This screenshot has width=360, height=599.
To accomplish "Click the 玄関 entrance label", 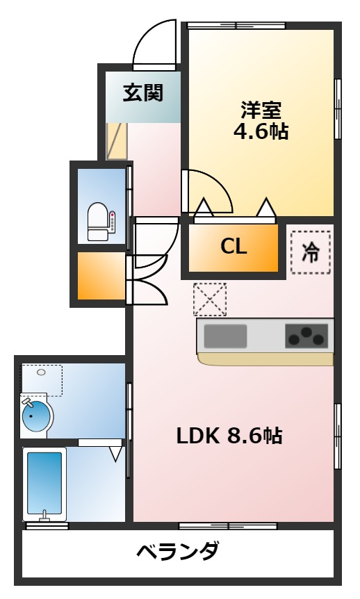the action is (143, 92).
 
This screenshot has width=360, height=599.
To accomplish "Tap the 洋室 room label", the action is (261, 110).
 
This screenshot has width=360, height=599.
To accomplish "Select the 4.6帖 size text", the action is (261, 131).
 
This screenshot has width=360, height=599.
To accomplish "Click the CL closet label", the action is (234, 247).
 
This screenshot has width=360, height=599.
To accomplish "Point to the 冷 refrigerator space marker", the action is (311, 252).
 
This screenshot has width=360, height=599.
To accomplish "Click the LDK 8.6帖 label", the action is (229, 436).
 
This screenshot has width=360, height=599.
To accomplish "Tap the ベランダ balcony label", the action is (178, 551).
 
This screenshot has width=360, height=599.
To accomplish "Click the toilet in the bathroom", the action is (98, 222).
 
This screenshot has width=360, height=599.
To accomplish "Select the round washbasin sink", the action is (37, 416).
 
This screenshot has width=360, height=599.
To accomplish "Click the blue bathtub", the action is (44, 483).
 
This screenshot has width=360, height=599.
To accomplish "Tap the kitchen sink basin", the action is (225, 336).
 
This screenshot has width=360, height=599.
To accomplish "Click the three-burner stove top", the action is (307, 336).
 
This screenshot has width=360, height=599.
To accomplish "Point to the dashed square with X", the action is (210, 299).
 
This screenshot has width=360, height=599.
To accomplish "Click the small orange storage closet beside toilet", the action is (101, 275).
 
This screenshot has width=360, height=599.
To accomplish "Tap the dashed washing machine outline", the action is (42, 381).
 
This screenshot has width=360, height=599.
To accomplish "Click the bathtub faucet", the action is (44, 516).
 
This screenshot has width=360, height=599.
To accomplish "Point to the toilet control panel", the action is (113, 223).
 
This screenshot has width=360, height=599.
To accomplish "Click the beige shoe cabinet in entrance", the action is (117, 141).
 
